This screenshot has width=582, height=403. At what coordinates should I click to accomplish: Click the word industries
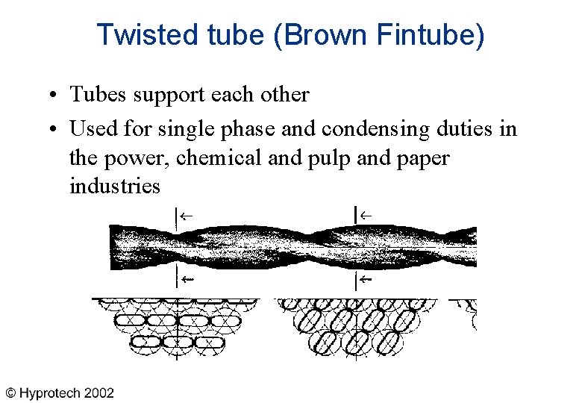click(114, 185)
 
